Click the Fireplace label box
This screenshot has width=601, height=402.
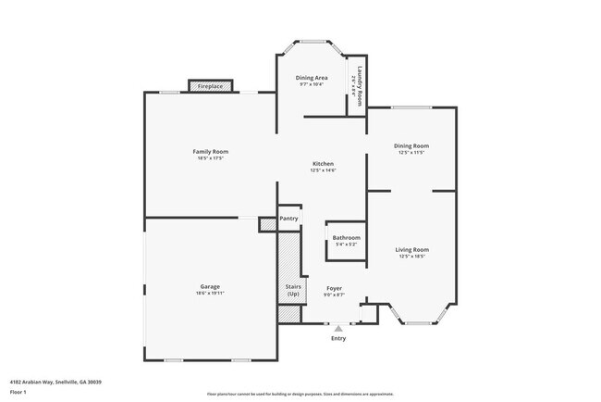(209, 86)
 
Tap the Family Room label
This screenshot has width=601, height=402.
(210, 152)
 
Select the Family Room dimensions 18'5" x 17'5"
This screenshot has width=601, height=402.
(210, 158)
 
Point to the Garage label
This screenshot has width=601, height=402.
(210, 286)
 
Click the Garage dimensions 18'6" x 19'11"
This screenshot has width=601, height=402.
(210, 294)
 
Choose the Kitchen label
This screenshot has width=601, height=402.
(322, 163)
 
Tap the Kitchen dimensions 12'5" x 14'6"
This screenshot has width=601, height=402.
(322, 170)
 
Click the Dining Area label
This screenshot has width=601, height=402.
(311, 78)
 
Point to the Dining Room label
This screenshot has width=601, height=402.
(411, 145)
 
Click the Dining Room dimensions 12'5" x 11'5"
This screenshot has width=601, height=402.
(411, 153)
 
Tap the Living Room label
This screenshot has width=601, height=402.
(411, 249)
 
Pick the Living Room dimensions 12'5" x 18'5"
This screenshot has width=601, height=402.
(411, 257)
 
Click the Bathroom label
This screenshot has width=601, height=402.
(347, 238)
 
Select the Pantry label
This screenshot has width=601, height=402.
(288, 219)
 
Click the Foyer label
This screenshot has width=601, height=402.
(335, 288)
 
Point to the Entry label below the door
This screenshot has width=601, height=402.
(338, 338)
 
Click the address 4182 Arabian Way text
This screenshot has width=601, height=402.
(55, 382)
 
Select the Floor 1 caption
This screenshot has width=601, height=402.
(19, 392)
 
